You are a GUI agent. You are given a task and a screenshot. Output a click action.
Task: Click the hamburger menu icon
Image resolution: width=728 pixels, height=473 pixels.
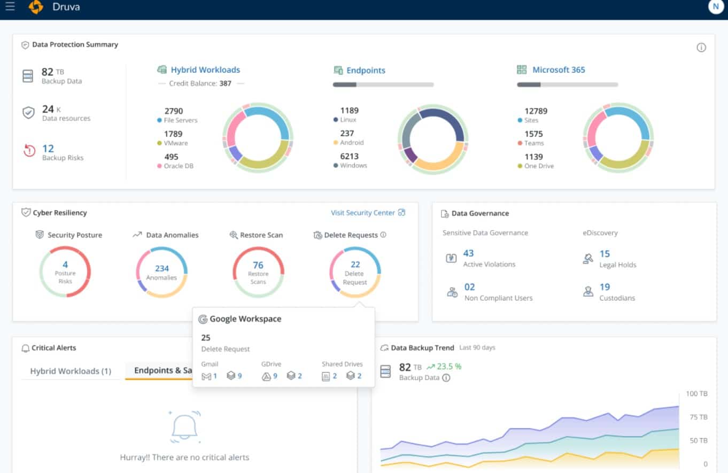(x=10, y=7)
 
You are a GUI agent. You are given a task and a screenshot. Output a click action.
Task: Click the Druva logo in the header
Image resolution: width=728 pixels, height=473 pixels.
(x=36, y=7)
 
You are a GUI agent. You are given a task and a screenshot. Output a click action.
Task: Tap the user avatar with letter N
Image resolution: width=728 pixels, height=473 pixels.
(x=715, y=6)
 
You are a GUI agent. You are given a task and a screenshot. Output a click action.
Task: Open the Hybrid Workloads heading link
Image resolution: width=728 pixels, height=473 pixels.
(x=205, y=70)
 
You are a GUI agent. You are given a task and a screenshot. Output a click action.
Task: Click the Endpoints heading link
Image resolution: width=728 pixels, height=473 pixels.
(x=366, y=71)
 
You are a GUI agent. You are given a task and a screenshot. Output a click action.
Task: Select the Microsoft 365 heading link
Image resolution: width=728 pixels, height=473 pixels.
(x=558, y=70)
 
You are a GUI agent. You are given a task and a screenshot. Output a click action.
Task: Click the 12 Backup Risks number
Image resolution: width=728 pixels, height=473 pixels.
(x=48, y=149)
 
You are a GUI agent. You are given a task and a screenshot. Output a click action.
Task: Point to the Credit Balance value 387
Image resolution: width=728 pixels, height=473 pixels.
(x=225, y=83)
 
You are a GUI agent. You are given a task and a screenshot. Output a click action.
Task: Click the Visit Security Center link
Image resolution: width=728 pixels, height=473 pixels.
(x=362, y=213)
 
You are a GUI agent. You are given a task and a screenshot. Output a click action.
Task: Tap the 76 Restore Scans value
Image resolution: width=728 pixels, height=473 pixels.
(x=258, y=265)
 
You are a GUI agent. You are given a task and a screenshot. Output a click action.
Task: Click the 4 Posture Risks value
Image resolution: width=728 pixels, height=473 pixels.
(x=65, y=265)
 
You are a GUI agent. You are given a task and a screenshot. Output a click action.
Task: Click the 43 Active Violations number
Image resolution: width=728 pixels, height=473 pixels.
(x=468, y=253)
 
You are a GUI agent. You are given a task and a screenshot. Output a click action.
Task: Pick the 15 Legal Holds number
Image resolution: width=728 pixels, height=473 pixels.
(x=605, y=254)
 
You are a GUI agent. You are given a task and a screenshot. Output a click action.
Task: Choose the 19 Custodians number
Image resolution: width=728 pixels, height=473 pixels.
(x=605, y=288)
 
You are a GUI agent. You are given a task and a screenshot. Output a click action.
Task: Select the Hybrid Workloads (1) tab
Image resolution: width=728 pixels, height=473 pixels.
(x=71, y=371)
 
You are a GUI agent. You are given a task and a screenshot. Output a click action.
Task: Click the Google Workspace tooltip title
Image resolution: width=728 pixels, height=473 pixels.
(x=245, y=319)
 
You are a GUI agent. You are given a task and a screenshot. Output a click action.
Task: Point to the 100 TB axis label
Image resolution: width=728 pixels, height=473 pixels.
(x=696, y=394)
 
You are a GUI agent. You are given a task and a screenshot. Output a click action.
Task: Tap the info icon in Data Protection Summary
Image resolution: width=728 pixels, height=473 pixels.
(x=701, y=48)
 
